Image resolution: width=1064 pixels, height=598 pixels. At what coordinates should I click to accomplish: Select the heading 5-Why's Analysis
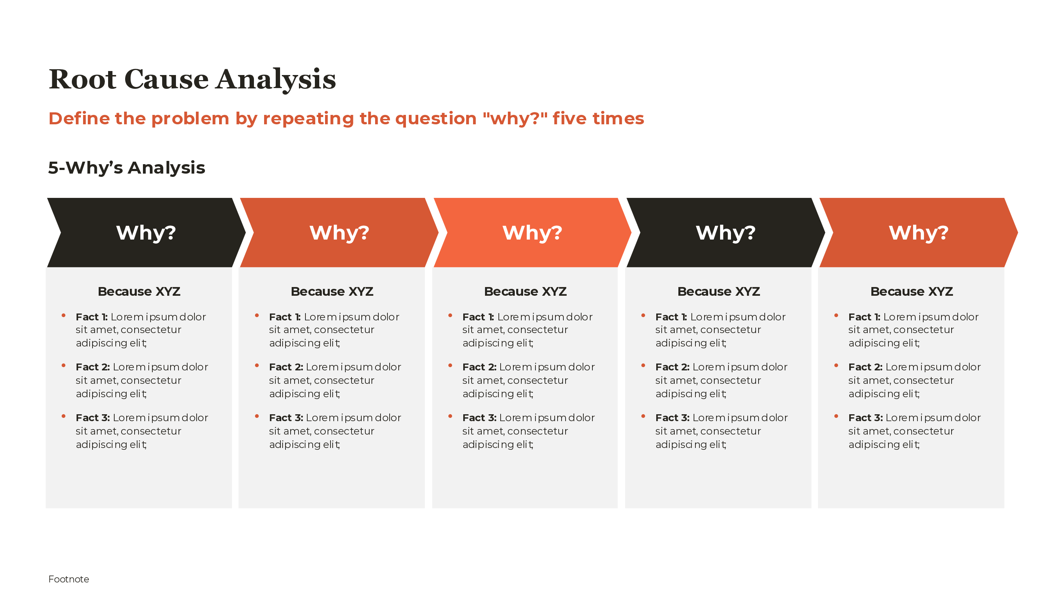point(126,167)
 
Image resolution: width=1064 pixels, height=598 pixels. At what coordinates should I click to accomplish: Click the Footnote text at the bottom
point(69,579)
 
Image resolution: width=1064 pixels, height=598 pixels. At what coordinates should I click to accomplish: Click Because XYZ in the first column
point(139,291)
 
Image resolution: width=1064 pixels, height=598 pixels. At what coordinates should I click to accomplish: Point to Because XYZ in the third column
point(525,291)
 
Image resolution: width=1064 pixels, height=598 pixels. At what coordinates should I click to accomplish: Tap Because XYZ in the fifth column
point(911,291)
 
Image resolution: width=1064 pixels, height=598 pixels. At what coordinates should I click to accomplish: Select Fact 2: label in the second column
point(286,367)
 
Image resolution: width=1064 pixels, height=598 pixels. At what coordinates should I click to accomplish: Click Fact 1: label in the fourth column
point(671,317)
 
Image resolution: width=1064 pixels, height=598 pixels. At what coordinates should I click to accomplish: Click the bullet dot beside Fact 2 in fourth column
point(643,366)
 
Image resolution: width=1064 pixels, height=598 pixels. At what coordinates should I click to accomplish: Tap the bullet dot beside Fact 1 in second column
point(256,315)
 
